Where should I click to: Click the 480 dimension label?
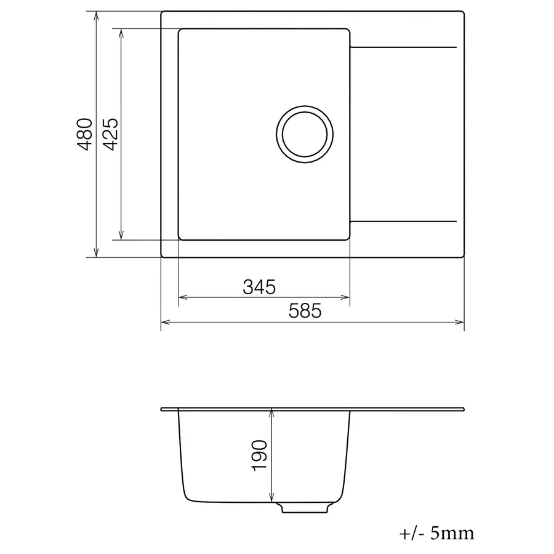click(85, 134)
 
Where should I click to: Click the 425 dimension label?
click(110, 134)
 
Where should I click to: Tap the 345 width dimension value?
click(259, 287)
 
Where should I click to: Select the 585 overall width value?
click(305, 311)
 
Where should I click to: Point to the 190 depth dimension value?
click(259, 456)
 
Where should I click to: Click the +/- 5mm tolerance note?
click(436, 533)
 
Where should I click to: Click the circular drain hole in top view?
click(305, 135)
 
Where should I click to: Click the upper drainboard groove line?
click(403, 47)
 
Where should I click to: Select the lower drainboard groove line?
click(403, 220)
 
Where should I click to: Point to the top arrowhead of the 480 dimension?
click(97, 15)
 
